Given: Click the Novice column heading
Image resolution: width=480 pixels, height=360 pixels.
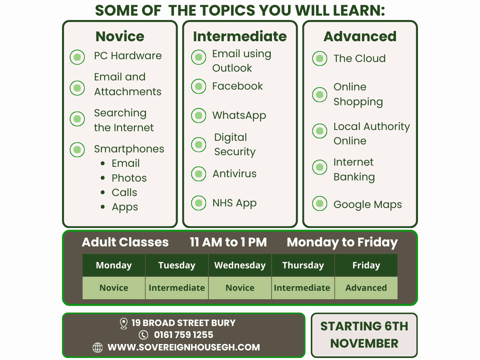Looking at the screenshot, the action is (120, 36).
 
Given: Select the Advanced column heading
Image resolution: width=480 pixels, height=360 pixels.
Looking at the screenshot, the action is (360, 36).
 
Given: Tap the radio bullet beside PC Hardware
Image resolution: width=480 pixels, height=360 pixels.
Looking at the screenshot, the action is (77, 57).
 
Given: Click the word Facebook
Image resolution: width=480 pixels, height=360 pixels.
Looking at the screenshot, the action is (238, 86).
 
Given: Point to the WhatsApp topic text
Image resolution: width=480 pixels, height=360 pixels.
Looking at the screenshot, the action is (239, 116).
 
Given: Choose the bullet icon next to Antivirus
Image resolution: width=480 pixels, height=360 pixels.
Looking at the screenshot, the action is (198, 174).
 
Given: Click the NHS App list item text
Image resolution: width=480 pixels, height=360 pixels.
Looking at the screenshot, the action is (234, 203).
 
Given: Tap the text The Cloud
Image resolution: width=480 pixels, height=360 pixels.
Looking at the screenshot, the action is (360, 58).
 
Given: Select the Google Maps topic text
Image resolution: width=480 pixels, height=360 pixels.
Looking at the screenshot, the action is (368, 205).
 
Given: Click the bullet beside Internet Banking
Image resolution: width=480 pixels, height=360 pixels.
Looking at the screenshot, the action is (320, 167).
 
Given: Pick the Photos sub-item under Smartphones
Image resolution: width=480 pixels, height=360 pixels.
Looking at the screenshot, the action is (129, 178).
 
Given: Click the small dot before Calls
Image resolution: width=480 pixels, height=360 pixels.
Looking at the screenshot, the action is (103, 192).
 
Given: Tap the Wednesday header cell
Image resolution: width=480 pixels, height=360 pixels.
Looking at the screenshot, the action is (240, 265).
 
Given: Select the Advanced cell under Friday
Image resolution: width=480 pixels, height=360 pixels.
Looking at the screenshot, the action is (366, 288).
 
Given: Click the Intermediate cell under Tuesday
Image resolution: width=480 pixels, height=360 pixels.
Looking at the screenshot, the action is (177, 288).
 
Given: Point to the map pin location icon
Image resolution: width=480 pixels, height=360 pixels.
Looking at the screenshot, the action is (124, 324).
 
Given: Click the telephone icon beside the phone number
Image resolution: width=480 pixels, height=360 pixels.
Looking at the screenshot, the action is (144, 335).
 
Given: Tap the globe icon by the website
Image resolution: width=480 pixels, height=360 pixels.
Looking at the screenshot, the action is (98, 347).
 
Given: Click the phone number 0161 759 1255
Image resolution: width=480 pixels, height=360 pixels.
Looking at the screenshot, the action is (184, 335).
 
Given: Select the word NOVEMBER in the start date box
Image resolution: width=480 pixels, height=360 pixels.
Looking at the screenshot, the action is (364, 343).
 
